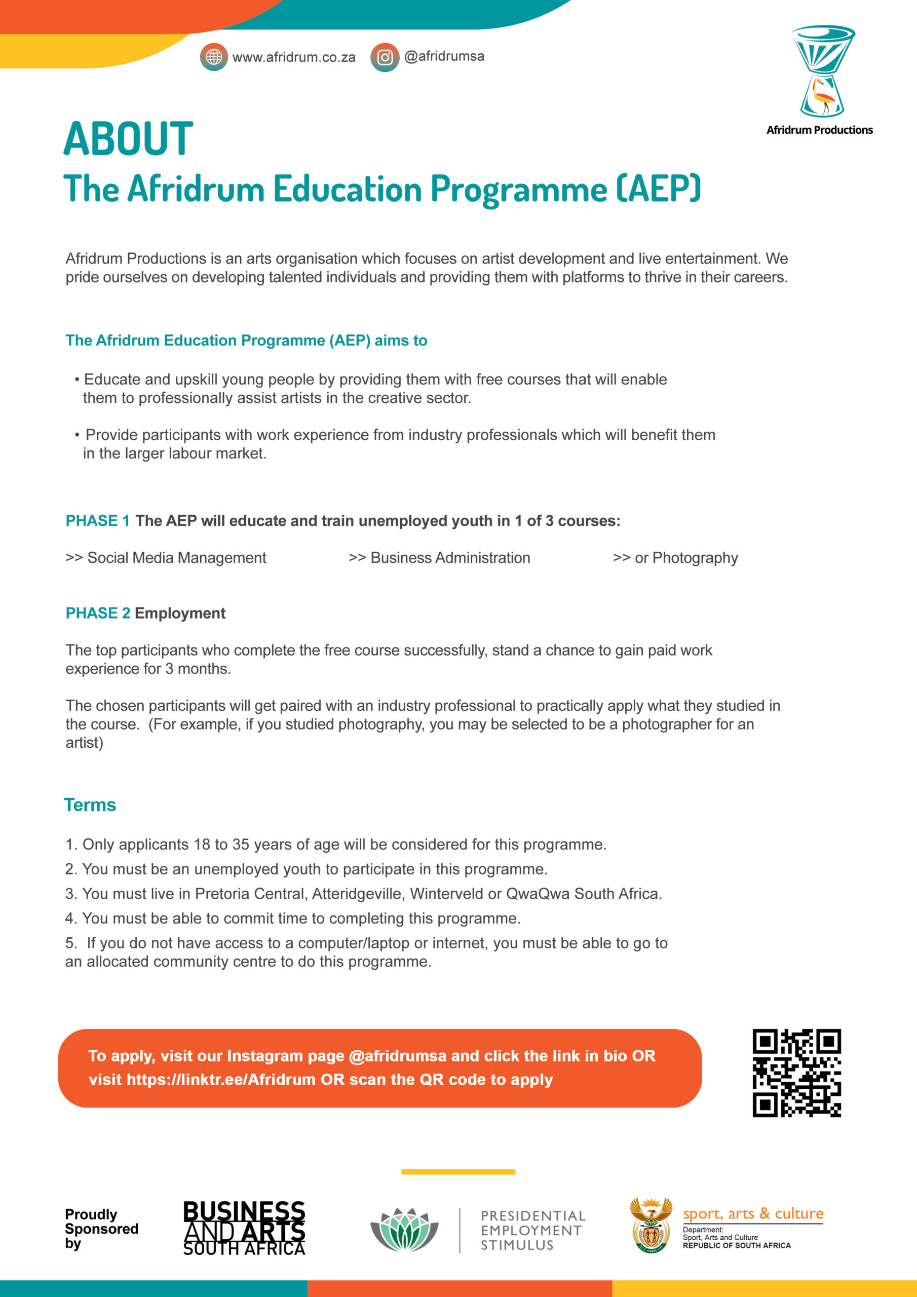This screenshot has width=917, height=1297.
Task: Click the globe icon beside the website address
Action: click(214, 57)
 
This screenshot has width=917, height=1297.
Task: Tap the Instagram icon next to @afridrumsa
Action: click(385, 57)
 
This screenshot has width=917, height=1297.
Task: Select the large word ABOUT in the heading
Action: click(128, 139)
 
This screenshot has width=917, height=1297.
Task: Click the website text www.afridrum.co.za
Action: click(294, 58)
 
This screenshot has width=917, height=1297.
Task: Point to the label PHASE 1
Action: click(98, 521)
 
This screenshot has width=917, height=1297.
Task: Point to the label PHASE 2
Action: click(98, 613)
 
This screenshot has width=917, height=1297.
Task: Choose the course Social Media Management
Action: click(176, 558)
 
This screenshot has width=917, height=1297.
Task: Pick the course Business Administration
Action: click(450, 558)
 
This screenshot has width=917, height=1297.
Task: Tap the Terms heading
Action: click(90, 805)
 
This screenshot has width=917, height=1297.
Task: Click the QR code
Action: click(796, 1073)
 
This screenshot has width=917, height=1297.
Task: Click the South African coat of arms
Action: click(651, 1225)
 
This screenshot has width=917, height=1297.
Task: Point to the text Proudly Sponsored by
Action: click(101, 1229)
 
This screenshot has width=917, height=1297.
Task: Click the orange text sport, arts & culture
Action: click(753, 1213)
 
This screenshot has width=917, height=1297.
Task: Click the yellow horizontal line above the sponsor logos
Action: click(458, 1171)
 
